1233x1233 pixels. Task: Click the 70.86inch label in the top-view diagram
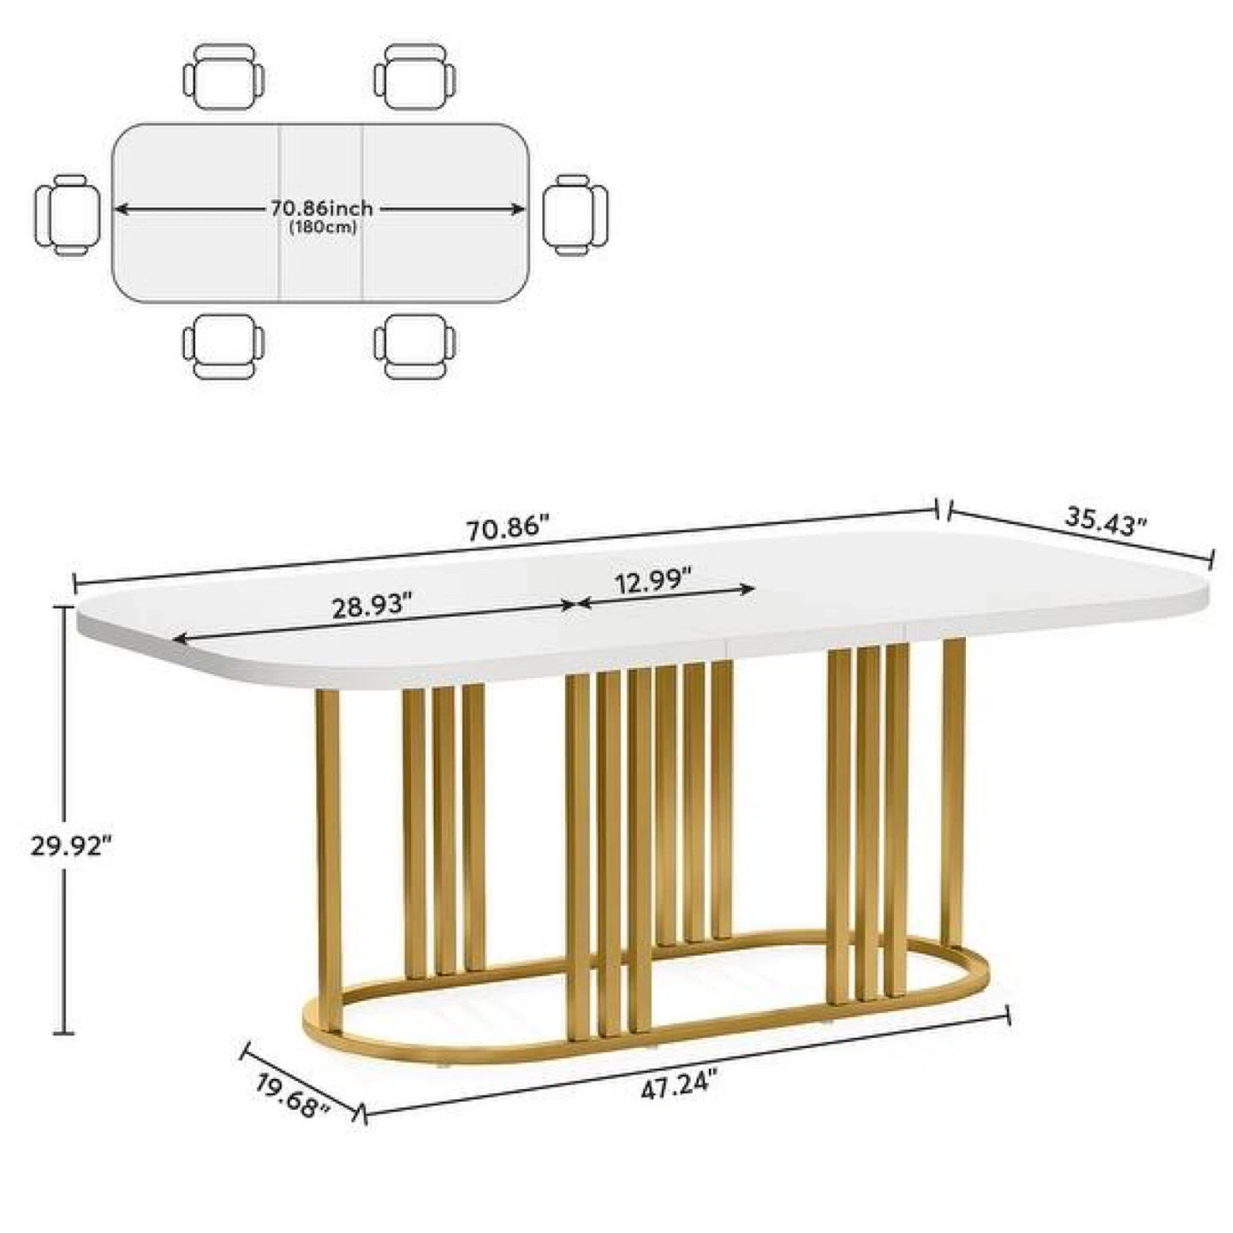(320, 208)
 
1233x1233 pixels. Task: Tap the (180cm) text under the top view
(323, 227)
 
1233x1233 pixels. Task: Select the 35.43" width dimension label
(1105, 521)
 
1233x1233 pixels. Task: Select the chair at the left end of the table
(67, 215)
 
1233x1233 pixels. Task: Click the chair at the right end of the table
(575, 215)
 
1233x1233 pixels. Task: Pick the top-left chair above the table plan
(223, 77)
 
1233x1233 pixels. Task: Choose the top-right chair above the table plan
(415, 77)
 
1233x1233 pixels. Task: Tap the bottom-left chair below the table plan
(223, 348)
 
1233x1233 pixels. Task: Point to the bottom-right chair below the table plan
(415, 348)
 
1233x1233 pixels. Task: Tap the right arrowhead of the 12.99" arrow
(748, 588)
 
